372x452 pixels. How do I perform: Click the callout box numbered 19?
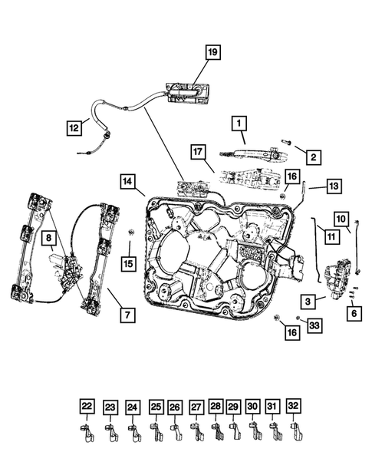(212, 53)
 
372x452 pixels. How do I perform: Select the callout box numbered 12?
(73, 128)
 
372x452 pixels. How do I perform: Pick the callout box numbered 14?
(128, 182)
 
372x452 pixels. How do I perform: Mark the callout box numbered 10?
(341, 218)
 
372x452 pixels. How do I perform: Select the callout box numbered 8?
(48, 240)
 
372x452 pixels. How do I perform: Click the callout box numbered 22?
(87, 407)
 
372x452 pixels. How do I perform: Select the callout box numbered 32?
(292, 407)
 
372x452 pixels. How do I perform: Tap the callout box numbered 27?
(196, 407)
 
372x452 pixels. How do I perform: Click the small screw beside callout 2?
(285, 142)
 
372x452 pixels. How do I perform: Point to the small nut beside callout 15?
(130, 232)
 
